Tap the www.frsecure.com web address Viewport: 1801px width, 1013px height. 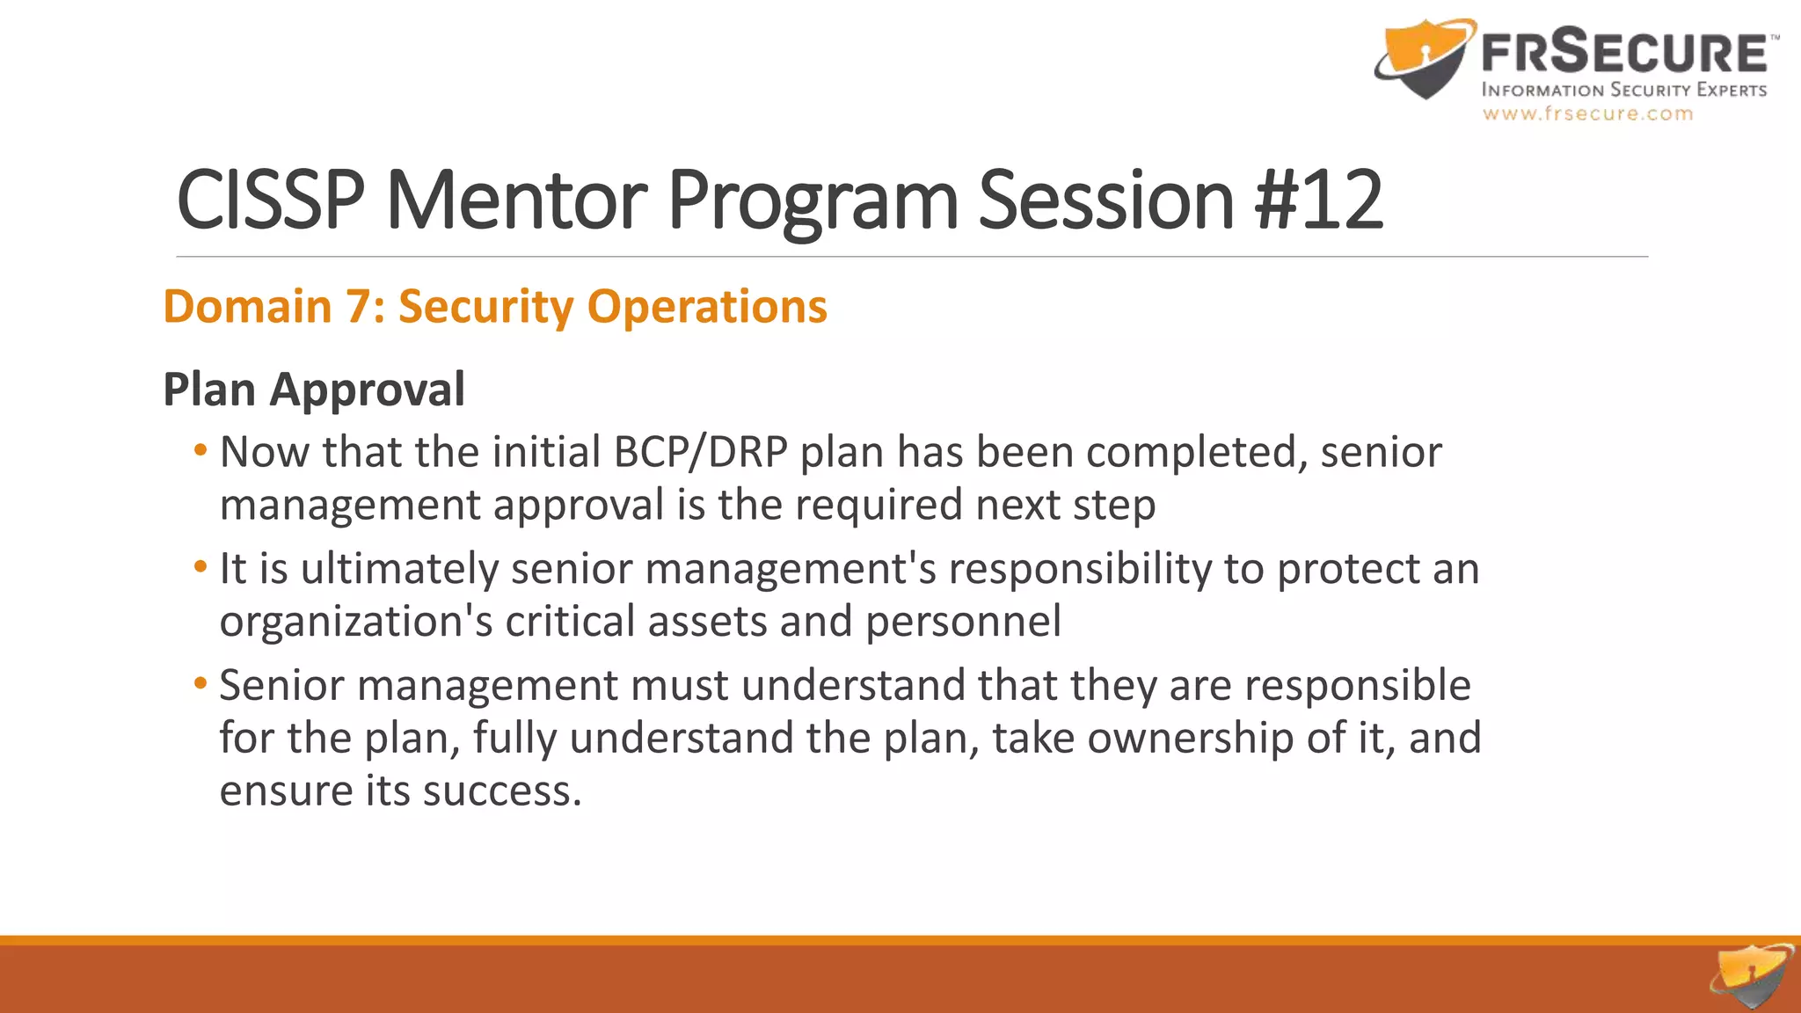[1587, 113]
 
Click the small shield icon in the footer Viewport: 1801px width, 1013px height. [1752, 976]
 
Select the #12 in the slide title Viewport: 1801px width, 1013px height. [1319, 200]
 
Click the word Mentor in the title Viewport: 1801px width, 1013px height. [516, 200]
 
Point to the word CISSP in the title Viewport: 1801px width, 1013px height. [270, 200]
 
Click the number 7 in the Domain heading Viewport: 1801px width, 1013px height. [359, 307]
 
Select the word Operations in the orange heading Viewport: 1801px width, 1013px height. [707, 307]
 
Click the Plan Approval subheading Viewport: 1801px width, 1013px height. [314, 390]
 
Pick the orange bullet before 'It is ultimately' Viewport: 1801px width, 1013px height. [201, 568]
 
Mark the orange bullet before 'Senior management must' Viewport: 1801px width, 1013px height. [201, 684]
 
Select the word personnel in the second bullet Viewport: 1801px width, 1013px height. [963, 622]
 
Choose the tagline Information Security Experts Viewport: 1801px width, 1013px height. [1623, 90]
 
